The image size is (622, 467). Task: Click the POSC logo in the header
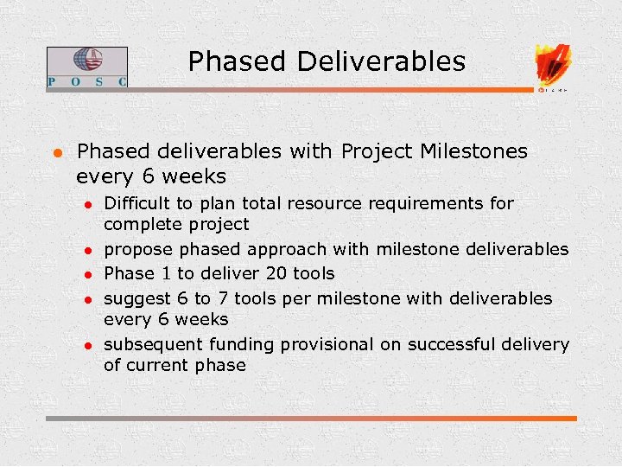pyautogui.click(x=86, y=67)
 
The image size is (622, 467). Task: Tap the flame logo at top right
pyautogui.click(x=553, y=65)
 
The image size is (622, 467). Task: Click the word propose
pyautogui.click(x=136, y=251)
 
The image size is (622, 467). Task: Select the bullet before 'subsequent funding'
pyautogui.click(x=88, y=346)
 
